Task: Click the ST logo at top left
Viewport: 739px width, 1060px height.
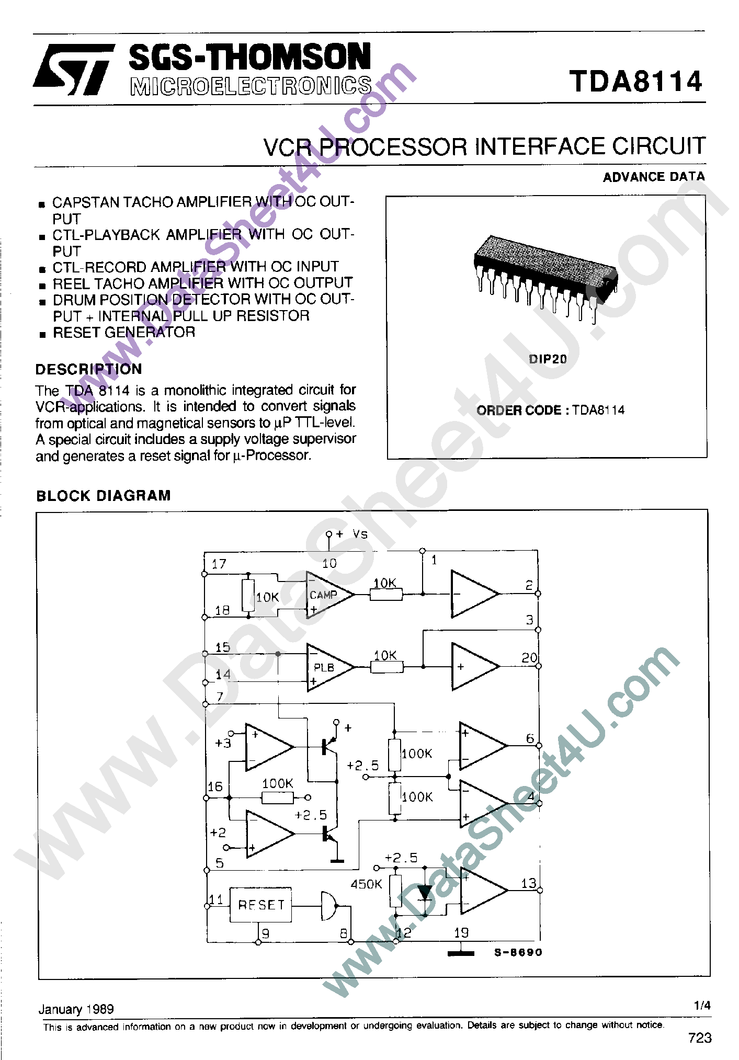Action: tap(74, 69)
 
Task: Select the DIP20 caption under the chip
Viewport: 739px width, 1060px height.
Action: tap(548, 359)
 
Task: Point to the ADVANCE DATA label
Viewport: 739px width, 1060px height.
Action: tap(654, 177)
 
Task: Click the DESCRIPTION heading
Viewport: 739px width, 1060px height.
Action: tap(88, 369)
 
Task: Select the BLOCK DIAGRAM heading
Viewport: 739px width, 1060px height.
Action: tap(104, 496)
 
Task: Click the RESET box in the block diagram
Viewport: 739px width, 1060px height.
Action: tap(261, 905)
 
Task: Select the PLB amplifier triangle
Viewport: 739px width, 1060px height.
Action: tap(328, 667)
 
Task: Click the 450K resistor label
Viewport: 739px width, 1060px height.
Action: tap(366, 884)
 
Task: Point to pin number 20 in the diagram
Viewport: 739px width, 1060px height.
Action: tap(529, 658)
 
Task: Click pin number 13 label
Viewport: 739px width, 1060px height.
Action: tap(529, 883)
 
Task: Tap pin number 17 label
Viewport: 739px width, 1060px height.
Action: tap(219, 564)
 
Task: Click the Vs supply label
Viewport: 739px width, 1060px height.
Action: tap(360, 534)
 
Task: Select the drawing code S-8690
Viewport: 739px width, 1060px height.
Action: tap(518, 952)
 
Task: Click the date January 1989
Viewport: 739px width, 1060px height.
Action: tap(76, 1009)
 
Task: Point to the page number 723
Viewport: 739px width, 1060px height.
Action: tap(700, 1038)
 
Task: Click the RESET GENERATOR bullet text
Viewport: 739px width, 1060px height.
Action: tap(124, 333)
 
